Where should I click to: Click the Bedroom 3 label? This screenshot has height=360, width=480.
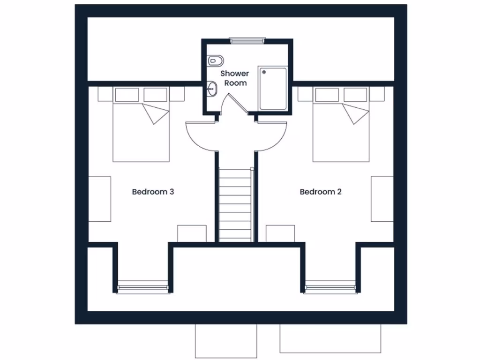153,191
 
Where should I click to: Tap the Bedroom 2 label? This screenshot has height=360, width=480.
321,191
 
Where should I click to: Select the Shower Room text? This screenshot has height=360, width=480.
235,78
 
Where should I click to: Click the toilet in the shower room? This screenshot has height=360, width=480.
215,60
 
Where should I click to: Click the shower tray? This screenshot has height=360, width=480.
273,89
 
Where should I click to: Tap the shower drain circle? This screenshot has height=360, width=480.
264,72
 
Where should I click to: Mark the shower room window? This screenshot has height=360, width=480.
247,41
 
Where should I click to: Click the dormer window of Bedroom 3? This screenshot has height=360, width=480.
142,286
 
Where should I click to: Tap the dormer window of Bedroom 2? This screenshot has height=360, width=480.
330,286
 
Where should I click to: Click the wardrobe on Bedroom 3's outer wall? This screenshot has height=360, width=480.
100,199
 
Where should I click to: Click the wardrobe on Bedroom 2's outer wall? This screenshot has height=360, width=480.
382,199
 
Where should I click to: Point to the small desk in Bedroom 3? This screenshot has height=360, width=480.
192,233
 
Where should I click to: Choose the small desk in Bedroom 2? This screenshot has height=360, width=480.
280,233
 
